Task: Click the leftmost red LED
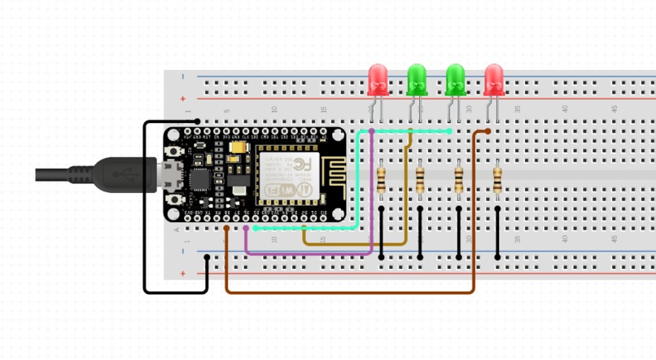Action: click(377, 78)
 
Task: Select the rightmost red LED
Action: click(494, 78)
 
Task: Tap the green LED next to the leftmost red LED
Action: click(417, 78)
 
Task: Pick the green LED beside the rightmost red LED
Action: click(455, 78)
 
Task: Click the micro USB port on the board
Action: click(171, 174)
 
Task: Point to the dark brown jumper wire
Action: click(350, 292)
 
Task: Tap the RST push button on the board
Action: click(173, 150)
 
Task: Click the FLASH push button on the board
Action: click(173, 200)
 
